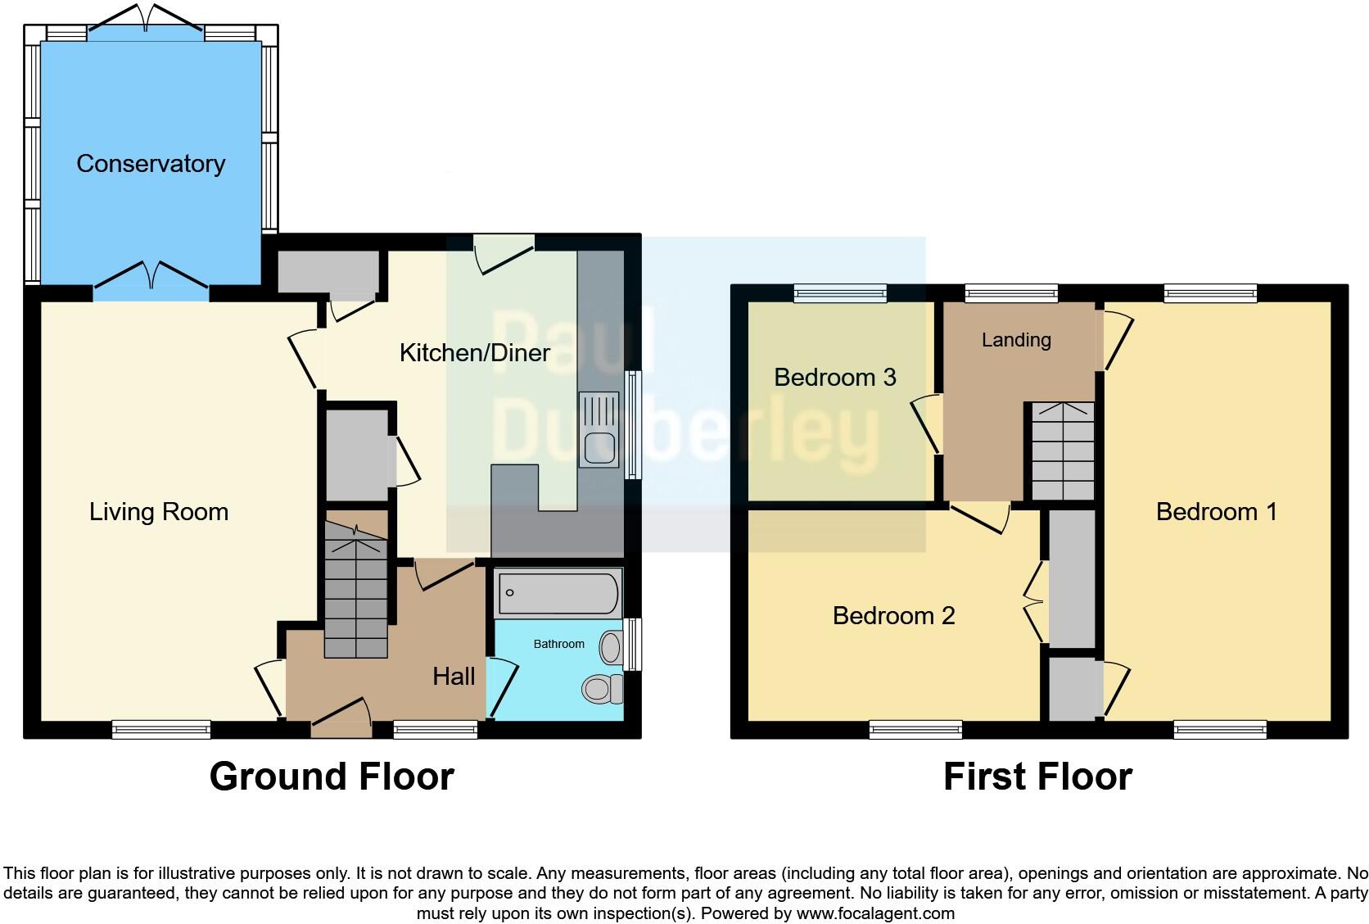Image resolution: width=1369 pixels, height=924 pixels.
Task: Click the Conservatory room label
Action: [x=151, y=164]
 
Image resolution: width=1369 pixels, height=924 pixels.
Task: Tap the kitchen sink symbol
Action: [x=599, y=429]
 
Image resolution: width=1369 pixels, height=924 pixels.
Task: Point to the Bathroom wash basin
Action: [x=611, y=648]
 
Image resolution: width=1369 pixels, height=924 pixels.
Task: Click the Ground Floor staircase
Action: [x=355, y=590]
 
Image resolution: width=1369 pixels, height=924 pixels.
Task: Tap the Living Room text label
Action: [x=159, y=512]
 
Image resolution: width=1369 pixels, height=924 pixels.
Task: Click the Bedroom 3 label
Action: [x=834, y=378]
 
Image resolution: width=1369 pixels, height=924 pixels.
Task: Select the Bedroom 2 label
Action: [x=893, y=616]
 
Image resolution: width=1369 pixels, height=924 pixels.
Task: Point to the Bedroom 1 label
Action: [x=1216, y=512]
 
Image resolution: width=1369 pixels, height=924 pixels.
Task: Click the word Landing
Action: [x=1016, y=340]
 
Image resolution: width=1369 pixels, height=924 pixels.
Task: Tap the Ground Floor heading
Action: [x=332, y=777]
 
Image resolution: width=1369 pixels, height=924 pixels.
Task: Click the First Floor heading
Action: [x=1037, y=777]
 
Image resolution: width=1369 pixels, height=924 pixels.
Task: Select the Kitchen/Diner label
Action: [x=474, y=353]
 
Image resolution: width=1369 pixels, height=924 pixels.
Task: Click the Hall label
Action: [x=454, y=677]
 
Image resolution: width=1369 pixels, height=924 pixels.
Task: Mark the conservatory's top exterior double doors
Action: [x=146, y=20]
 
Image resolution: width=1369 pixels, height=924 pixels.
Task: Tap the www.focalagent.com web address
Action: [x=874, y=913]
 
